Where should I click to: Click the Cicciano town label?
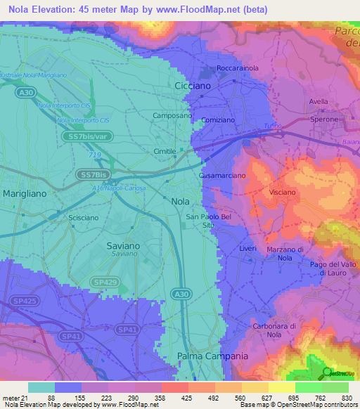[193, 85]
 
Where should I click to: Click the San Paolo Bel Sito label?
[208, 221]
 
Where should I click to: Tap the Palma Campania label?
[213, 356]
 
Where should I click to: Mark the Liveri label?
[247, 249]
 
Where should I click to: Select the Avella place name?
[319, 101]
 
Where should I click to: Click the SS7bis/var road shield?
[84, 136]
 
